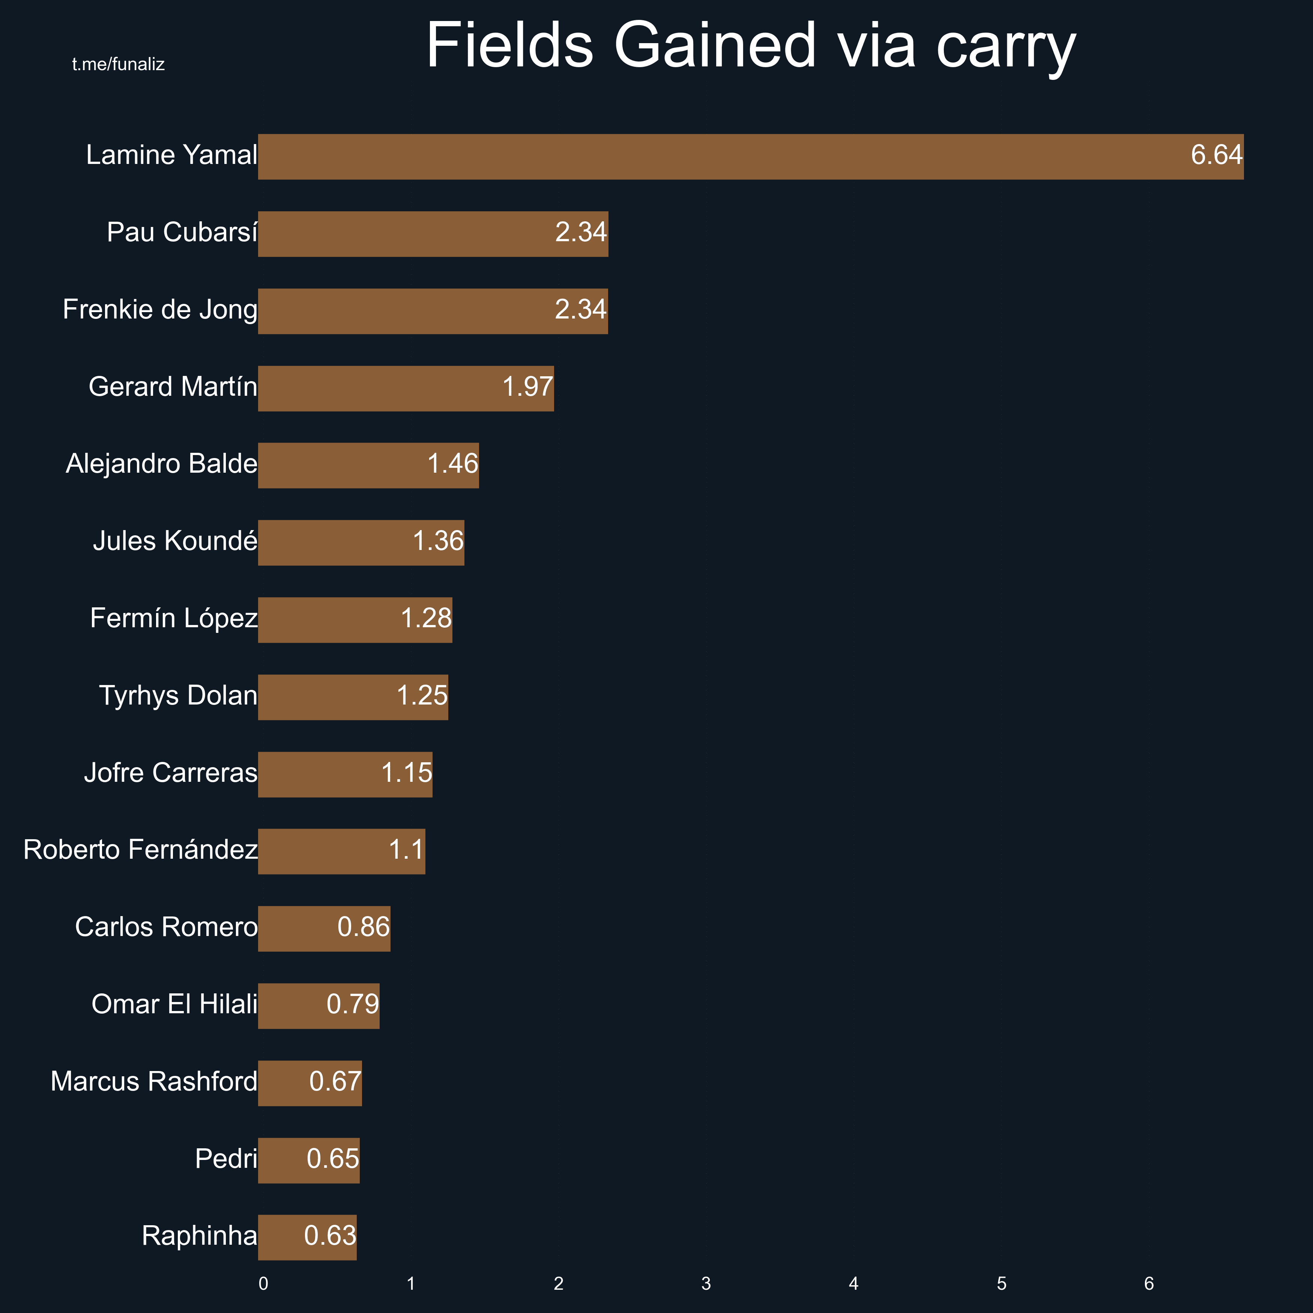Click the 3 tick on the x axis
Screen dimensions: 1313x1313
tap(706, 1284)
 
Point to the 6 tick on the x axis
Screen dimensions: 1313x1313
tap(1149, 1284)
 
